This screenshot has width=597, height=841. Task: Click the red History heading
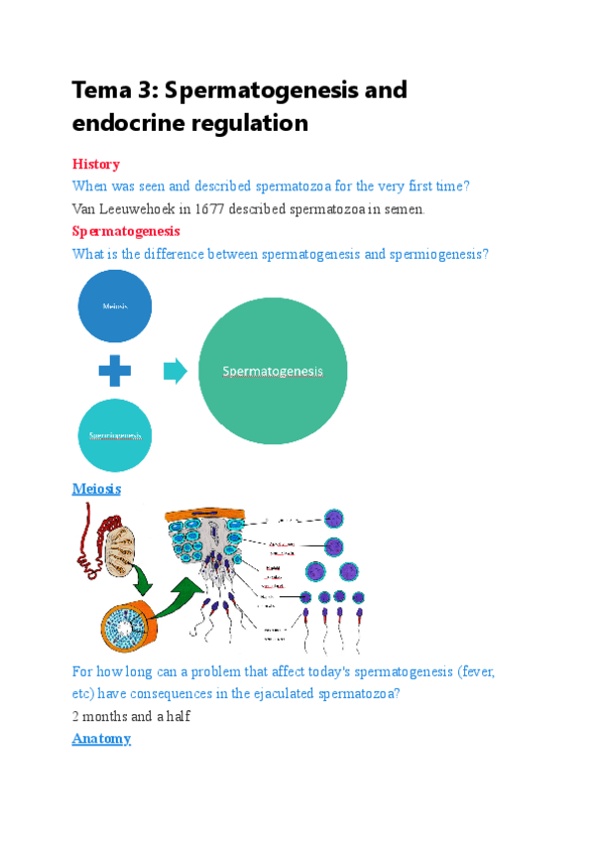point(96,164)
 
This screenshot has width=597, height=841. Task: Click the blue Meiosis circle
point(115,305)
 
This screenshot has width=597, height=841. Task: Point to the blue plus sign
point(115,372)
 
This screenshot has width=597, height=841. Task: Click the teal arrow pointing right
point(175,372)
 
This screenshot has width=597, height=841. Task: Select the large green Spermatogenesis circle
point(273,371)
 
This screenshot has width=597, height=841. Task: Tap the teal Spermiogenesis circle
point(115,434)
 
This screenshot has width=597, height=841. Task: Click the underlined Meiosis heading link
point(96,488)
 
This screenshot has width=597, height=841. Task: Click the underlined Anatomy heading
point(101,739)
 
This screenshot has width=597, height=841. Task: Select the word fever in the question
point(472,671)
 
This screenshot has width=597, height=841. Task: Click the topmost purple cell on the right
point(335,519)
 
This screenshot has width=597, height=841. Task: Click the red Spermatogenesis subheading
point(126,231)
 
